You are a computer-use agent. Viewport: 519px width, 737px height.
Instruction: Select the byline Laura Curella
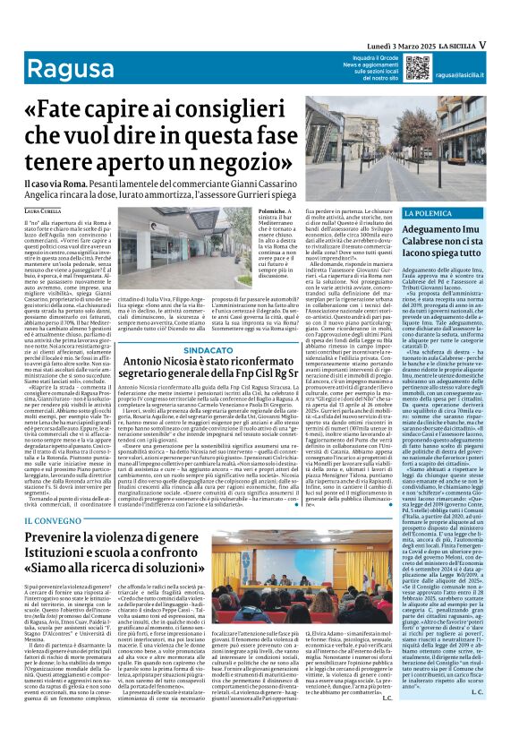click(45, 210)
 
